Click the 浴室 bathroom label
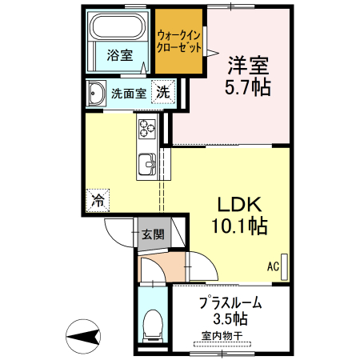pyautogui.click(x=119, y=54)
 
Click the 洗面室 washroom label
pyautogui.click(x=128, y=93)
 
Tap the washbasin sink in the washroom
pyautogui.click(x=96, y=94)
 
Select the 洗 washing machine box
pyautogui.click(x=162, y=92)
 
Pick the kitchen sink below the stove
pyautogui.click(x=148, y=162)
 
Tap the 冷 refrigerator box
pyautogui.click(x=98, y=199)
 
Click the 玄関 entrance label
pyautogui.click(x=153, y=235)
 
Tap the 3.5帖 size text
pyautogui.click(x=230, y=319)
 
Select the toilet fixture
pyautogui.click(x=151, y=325)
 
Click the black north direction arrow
pyautogui.click(x=83, y=335)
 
